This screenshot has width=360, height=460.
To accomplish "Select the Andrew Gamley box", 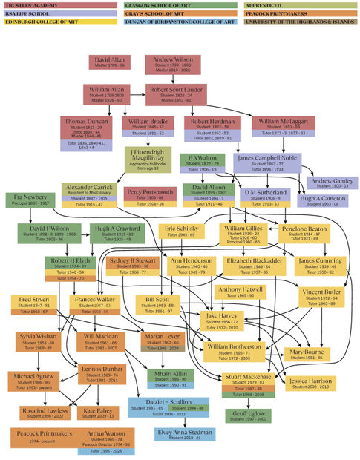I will tap(330, 183).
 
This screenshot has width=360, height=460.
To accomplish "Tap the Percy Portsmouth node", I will tap(150, 197).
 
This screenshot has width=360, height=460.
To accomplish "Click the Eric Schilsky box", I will tap(181, 232).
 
